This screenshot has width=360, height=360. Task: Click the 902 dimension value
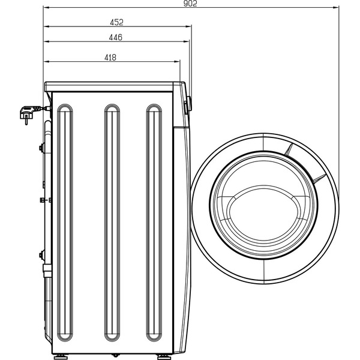coord(190,4)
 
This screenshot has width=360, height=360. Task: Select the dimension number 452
coord(116,22)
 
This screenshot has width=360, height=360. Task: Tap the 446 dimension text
coord(116,37)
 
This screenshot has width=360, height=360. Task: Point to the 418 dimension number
coord(110,58)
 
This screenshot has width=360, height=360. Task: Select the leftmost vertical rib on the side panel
coord(64,221)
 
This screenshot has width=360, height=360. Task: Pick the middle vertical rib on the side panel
coord(111,221)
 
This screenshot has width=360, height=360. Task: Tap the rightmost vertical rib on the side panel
coord(154,221)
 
